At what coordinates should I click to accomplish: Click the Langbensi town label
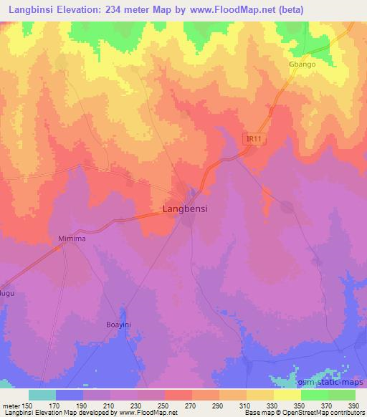click(183, 211)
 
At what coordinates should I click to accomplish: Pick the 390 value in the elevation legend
click(352, 406)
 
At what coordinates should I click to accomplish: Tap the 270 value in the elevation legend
click(191, 406)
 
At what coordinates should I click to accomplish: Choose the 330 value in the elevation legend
click(272, 406)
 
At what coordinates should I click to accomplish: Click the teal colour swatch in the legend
click(42, 396)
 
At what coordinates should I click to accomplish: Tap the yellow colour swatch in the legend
click(286, 396)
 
